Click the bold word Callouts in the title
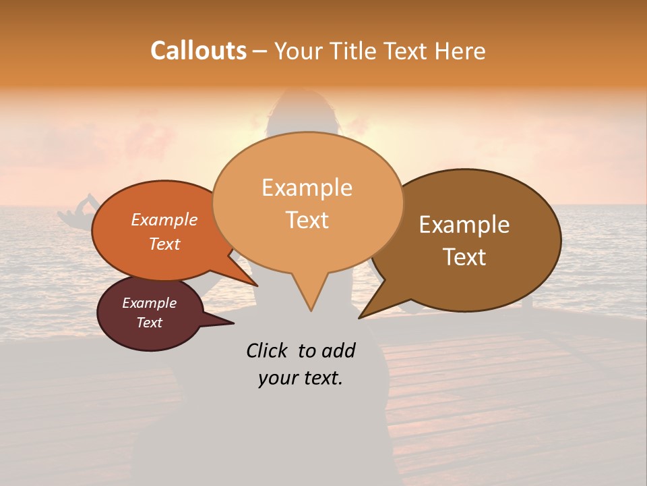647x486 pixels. pyautogui.click(x=198, y=51)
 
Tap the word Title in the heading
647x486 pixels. pyautogui.click(x=355, y=51)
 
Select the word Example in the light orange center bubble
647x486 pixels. pyautogui.click(x=307, y=188)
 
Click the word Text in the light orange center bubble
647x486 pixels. pyautogui.click(x=307, y=220)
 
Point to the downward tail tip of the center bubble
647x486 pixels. pyautogui.click(x=311, y=310)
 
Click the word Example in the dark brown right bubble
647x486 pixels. pyautogui.click(x=464, y=225)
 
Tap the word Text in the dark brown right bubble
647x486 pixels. pyautogui.click(x=464, y=257)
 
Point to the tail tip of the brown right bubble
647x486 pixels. pyautogui.click(x=359, y=317)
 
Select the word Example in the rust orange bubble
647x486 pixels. pyautogui.click(x=164, y=219)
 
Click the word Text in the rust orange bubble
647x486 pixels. pyautogui.click(x=164, y=244)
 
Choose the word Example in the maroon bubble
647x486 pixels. pyautogui.click(x=149, y=303)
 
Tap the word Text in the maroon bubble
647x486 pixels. pyautogui.click(x=149, y=323)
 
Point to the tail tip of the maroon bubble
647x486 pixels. pyautogui.click(x=233, y=323)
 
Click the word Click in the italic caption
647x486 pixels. pyautogui.click(x=268, y=350)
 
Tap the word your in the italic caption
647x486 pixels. pyautogui.click(x=276, y=378)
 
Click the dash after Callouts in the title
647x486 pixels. pyautogui.click(x=260, y=52)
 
